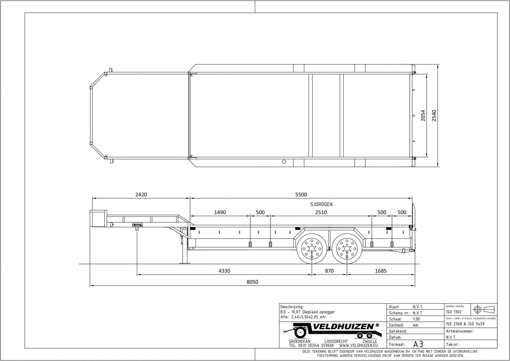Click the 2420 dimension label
(x=141, y=195)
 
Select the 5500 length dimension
(x=301, y=195)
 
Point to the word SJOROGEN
(x=321, y=204)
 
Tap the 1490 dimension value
(x=220, y=212)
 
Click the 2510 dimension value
(x=321, y=212)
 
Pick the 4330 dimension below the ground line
(x=224, y=271)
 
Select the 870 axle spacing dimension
(x=329, y=271)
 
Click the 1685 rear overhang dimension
(x=381, y=271)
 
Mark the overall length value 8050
(x=252, y=282)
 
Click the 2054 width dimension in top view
(x=423, y=116)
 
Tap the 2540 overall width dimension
(x=434, y=116)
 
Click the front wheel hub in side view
(x=312, y=249)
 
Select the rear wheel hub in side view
(x=347, y=249)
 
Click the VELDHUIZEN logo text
(x=344, y=327)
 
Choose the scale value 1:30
(x=416, y=319)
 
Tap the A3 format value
(x=418, y=345)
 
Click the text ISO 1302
(x=454, y=312)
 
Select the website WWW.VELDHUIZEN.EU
(x=358, y=346)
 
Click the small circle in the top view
(x=284, y=162)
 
